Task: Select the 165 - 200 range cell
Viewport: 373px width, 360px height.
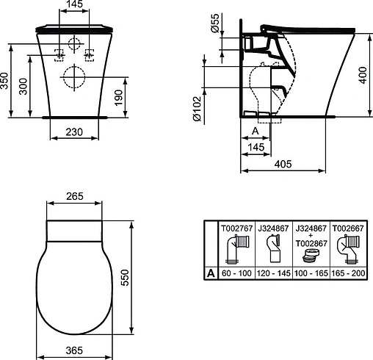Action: [348, 273]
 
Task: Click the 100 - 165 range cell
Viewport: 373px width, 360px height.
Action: [311, 273]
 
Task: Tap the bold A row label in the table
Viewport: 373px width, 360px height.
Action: [211, 273]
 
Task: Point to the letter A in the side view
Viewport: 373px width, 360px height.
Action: [254, 129]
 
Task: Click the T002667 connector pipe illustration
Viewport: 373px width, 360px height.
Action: [348, 250]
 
